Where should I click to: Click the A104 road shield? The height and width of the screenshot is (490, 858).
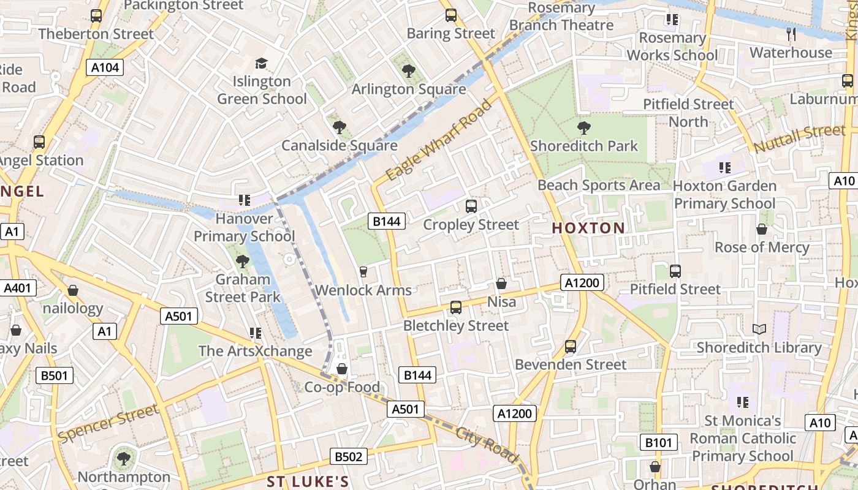click(x=105, y=67)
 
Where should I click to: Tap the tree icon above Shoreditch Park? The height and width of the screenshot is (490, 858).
click(x=583, y=128)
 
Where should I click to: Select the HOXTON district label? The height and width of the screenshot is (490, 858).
click(x=588, y=228)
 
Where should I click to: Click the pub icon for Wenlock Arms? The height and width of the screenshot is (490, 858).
click(x=363, y=271)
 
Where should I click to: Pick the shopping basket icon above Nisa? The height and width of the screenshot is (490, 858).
click(x=501, y=284)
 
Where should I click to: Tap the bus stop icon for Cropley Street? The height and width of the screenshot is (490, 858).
click(x=471, y=206)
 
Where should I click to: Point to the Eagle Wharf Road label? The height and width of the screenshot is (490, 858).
click(x=439, y=140)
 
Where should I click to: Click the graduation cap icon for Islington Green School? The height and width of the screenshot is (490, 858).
click(x=262, y=63)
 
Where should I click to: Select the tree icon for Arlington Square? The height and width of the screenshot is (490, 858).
click(x=409, y=71)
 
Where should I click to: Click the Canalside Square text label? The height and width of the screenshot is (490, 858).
click(x=340, y=146)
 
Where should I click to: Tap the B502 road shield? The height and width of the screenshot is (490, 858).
click(x=349, y=456)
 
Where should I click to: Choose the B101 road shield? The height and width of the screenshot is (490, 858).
click(x=659, y=442)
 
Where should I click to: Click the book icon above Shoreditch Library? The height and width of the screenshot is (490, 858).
click(x=759, y=330)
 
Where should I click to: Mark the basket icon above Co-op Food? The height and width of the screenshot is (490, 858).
click(x=342, y=369)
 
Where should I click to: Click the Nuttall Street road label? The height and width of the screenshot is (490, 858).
click(x=799, y=139)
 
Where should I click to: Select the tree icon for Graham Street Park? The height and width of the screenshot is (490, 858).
click(x=243, y=262)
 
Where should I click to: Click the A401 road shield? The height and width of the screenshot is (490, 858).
click(x=20, y=288)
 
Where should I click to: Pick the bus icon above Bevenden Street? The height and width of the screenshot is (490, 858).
click(x=571, y=347)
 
